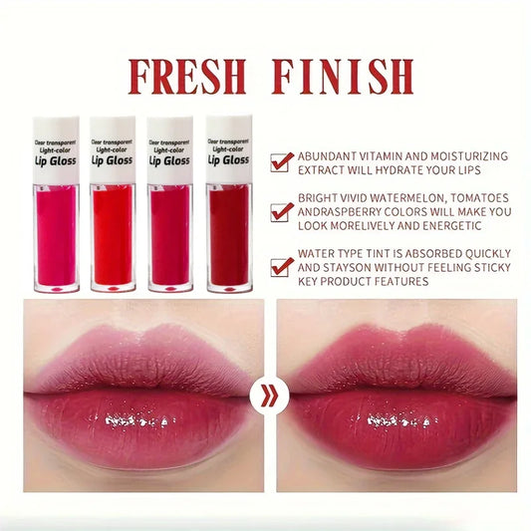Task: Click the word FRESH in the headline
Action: click(186, 77)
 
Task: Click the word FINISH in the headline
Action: click(343, 77)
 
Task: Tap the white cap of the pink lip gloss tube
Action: click(56, 150)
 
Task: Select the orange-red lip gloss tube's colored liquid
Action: click(113, 235)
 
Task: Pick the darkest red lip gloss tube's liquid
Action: click(229, 235)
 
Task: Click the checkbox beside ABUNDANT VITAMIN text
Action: click(281, 162)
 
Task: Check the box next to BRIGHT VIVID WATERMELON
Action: click(281, 212)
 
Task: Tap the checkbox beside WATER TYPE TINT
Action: click(281, 267)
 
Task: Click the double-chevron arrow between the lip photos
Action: click(270, 395)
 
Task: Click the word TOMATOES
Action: click(480, 198)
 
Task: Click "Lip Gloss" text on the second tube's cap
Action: click(113, 160)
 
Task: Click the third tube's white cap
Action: click(170, 150)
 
